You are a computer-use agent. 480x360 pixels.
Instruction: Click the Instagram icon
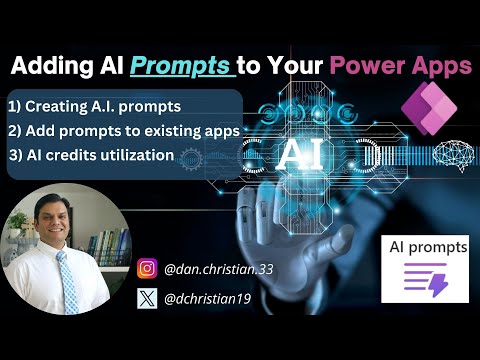point(148,268)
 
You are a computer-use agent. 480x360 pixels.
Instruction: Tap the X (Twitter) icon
point(148,297)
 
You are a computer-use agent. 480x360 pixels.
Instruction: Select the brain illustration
point(450,154)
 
